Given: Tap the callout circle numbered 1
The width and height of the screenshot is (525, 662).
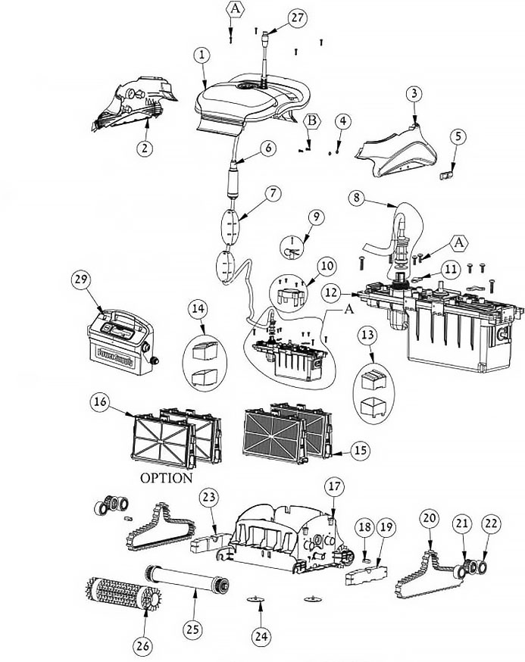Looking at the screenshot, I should tap(202, 55).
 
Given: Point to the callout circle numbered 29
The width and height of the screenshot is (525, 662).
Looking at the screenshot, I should tap(81, 279).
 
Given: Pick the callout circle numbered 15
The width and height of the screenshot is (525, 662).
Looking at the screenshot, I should tap(360, 450).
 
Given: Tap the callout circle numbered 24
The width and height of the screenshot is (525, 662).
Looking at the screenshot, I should tap(260, 637).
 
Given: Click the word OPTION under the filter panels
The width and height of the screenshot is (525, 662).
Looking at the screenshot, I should tap(165, 478).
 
